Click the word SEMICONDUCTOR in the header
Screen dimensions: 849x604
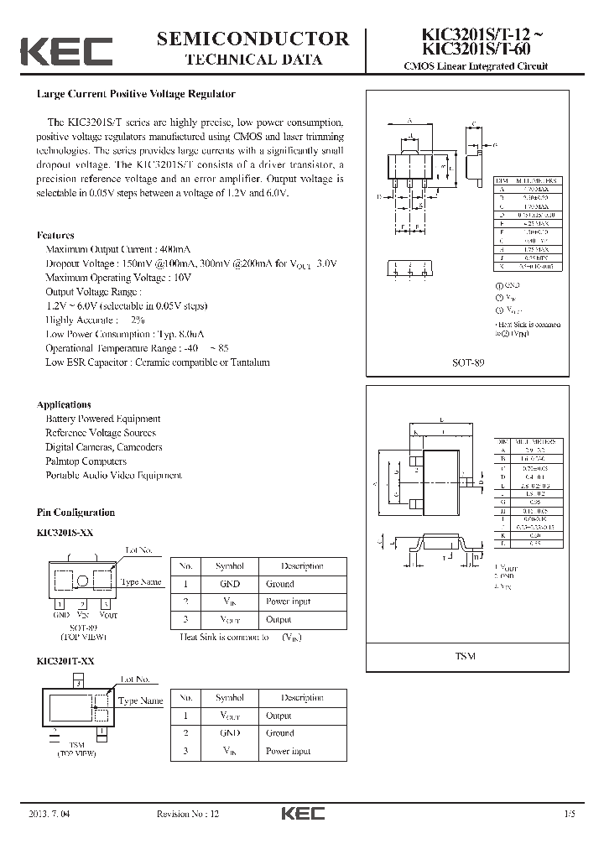coord(253,39)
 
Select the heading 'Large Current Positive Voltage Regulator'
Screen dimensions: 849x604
coord(136,95)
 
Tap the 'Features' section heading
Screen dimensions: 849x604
coord(55,236)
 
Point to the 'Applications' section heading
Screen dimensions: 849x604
coord(64,404)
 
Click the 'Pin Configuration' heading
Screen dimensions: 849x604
coord(75,513)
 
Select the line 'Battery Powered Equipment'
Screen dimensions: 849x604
coord(102,419)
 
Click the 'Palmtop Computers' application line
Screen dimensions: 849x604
coord(86,461)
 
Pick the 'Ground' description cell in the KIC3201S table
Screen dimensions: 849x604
coord(279,584)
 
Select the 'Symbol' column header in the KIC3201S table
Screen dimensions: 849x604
coord(229,566)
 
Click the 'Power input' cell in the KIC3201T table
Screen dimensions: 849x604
coord(288,751)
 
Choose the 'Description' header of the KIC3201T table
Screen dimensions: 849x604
coord(302,698)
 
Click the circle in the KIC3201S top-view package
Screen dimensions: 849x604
coord(82,581)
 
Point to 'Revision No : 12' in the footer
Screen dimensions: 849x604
coord(188,815)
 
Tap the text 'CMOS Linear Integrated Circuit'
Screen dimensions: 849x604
coord(476,66)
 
